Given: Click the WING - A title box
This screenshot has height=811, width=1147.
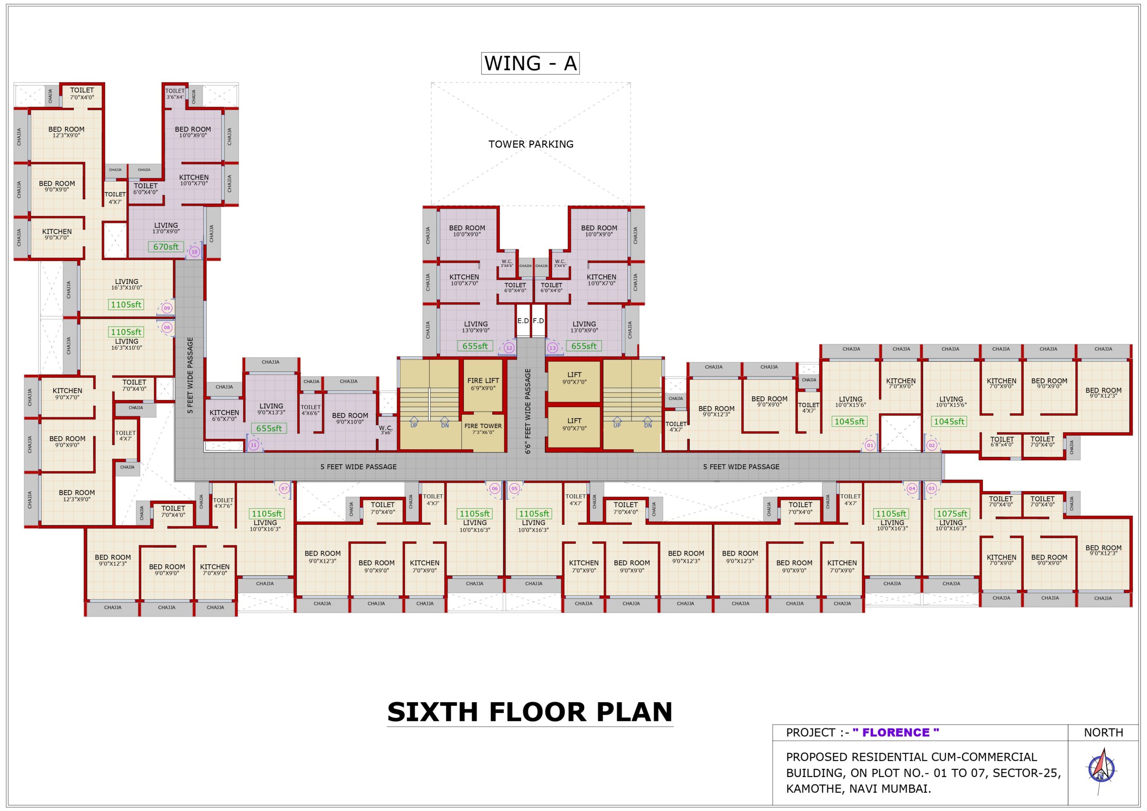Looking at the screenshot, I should (x=530, y=64).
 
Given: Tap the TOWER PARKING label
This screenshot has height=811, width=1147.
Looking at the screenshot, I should (x=530, y=144).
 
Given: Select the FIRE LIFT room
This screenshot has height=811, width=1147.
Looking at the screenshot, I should (x=483, y=384).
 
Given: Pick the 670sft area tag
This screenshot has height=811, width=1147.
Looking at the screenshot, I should (x=166, y=247).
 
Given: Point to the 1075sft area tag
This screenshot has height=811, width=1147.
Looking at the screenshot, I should (x=951, y=513).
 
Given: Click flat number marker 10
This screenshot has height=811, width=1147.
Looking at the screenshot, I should (x=194, y=252).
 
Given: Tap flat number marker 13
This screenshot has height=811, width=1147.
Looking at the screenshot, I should (x=552, y=348).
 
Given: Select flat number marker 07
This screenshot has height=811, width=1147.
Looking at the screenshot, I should (x=284, y=489).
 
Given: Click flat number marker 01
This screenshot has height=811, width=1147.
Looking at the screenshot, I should (x=870, y=445).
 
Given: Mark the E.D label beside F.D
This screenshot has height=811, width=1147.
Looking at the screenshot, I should (x=522, y=321).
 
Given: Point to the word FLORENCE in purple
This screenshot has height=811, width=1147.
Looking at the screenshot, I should (x=895, y=733).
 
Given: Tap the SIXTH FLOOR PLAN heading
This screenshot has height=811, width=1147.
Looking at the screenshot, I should (x=530, y=712).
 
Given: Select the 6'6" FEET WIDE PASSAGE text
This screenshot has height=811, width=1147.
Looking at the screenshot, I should (x=528, y=411).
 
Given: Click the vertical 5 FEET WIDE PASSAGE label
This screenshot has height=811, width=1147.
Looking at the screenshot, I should (x=190, y=375).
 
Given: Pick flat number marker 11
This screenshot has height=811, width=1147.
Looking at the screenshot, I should (x=253, y=445).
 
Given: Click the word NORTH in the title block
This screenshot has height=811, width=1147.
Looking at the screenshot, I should (x=1103, y=733).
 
